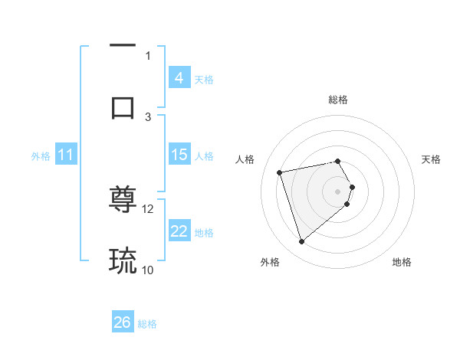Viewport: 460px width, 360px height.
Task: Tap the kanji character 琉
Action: click(x=123, y=260)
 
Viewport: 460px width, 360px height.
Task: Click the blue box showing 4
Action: click(x=179, y=77)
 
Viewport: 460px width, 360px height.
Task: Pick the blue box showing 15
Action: click(x=179, y=155)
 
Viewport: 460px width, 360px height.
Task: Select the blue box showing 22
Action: click(x=179, y=231)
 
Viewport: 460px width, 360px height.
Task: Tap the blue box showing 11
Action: click(x=65, y=155)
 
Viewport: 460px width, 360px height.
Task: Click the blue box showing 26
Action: click(x=123, y=322)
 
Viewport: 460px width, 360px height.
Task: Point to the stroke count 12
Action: click(x=148, y=208)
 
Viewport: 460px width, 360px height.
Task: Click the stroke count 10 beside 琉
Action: click(x=148, y=270)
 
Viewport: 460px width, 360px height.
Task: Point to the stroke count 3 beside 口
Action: click(x=148, y=116)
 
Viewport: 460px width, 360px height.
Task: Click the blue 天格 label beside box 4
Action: click(x=204, y=79)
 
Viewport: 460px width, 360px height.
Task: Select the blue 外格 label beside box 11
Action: click(x=41, y=156)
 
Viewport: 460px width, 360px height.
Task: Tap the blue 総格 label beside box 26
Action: click(x=147, y=324)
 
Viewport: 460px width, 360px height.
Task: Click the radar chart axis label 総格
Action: click(x=338, y=100)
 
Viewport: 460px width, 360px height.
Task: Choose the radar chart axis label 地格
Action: click(x=402, y=262)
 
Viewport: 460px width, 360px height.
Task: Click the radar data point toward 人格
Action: click(x=280, y=172)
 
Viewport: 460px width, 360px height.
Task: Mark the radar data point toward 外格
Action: click(x=301, y=242)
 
